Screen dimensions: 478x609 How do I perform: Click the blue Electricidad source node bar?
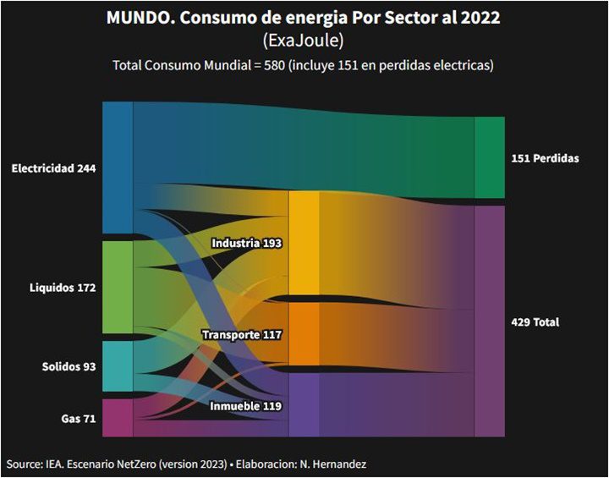(118, 168)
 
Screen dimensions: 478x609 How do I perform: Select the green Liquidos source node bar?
(118, 288)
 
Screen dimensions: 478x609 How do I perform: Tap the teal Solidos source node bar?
(118, 366)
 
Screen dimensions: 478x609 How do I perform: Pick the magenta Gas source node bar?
(118, 417)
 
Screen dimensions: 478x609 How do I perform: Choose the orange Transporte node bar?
(304, 334)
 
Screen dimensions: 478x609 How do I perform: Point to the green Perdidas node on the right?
(489, 158)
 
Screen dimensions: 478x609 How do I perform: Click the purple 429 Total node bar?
(489, 321)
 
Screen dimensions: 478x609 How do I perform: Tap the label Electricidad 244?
(53, 168)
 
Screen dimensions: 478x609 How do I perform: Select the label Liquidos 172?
(63, 288)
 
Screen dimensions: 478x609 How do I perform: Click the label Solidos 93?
(69, 367)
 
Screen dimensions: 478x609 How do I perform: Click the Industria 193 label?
(246, 243)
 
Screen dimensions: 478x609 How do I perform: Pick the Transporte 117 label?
(242, 335)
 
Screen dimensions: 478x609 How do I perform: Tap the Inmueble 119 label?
(246, 407)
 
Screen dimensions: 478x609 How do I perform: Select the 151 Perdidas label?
(545, 159)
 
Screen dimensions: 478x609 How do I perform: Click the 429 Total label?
(535, 322)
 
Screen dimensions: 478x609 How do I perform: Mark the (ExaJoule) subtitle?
(304, 41)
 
